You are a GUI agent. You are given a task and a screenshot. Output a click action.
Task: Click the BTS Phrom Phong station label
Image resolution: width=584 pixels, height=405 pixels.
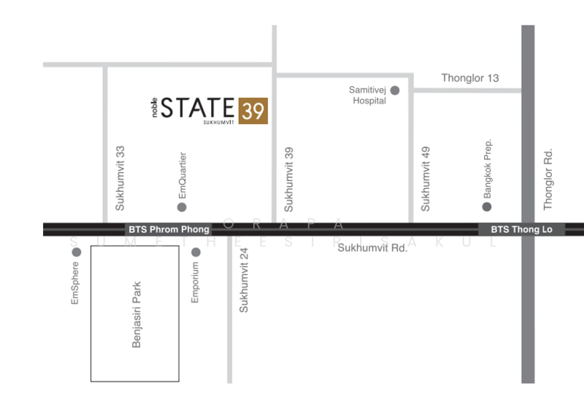(169, 229)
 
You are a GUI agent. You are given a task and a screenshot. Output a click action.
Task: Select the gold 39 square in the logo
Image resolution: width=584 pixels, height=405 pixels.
(253, 110)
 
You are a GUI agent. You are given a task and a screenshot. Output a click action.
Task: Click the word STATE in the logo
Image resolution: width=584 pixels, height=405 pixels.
(198, 107)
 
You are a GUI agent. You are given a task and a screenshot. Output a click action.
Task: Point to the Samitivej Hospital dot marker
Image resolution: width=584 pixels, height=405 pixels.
(395, 90)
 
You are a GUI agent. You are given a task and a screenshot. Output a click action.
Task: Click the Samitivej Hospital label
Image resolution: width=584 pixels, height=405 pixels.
(369, 96)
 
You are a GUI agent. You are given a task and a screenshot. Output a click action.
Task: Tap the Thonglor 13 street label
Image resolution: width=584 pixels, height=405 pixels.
(470, 78)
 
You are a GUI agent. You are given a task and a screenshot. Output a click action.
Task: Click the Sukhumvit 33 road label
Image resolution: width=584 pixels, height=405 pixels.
(120, 176)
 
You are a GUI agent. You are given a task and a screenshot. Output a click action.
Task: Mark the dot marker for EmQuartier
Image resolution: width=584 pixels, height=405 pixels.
(182, 207)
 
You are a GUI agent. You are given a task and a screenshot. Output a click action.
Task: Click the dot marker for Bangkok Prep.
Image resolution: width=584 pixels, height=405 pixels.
(487, 207)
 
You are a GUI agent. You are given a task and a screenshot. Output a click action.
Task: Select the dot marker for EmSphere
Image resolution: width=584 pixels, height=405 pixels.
(76, 252)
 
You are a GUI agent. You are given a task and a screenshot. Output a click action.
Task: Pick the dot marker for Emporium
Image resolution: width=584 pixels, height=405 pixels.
(195, 252)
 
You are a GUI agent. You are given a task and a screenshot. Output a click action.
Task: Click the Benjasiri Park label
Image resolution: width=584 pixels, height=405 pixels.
(136, 315)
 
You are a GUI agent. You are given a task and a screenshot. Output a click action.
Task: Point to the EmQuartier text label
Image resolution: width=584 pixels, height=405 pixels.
(182, 175)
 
